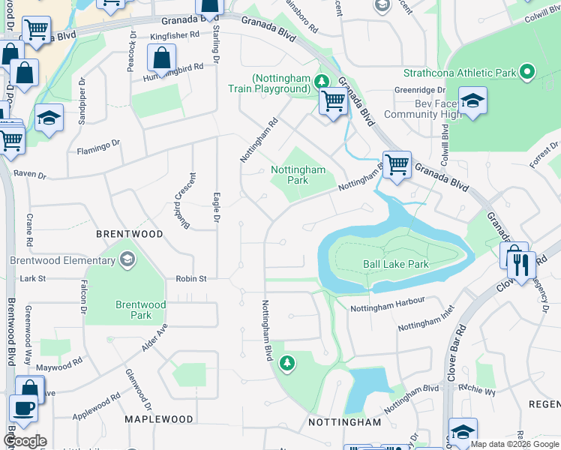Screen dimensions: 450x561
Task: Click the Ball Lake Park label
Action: click(x=395, y=264)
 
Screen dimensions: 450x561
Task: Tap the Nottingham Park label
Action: click(x=298, y=175)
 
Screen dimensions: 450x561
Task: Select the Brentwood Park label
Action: click(x=140, y=310)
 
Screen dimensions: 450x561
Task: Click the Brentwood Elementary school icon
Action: click(x=127, y=260)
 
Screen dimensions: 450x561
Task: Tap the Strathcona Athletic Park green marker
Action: click(x=527, y=73)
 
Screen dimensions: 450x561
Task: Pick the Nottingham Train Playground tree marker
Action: click(x=322, y=80)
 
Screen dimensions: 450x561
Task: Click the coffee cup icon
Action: click(x=23, y=409)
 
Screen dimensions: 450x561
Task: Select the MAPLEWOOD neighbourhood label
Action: click(x=158, y=419)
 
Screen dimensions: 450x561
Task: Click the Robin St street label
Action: click(x=191, y=278)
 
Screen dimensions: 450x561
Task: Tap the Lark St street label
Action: click(x=33, y=278)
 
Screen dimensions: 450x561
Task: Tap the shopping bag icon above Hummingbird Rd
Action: click(x=161, y=58)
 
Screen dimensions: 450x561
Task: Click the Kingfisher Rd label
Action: click(x=174, y=35)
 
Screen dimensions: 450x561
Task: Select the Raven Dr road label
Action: click(x=30, y=175)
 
